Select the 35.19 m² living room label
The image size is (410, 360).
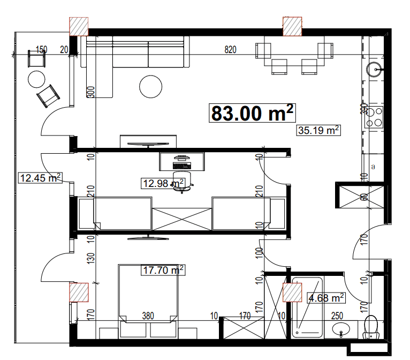318,130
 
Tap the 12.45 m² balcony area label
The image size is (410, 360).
40,177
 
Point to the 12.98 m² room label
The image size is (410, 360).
163,184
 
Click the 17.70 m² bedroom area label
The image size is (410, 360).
163,271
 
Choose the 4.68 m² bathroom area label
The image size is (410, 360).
325,297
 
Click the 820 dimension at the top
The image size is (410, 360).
230,50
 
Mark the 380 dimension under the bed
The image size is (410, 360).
148,317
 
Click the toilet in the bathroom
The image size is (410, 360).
370,327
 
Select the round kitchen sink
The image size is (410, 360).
375,69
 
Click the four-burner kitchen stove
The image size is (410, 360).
374,117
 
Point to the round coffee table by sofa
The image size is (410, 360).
151,86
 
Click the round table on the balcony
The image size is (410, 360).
37,79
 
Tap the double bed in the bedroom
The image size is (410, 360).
148,293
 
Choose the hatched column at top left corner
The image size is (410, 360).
79,26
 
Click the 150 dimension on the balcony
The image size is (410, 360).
41,49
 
